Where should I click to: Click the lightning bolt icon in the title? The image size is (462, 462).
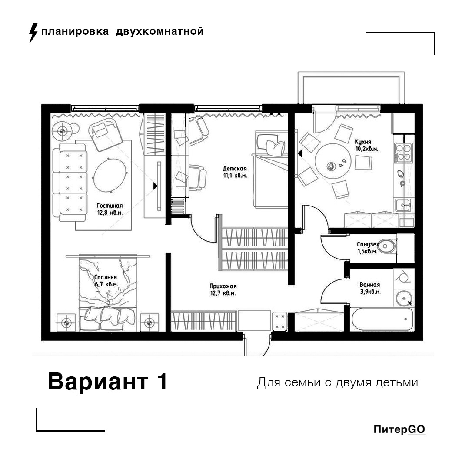point(33,33)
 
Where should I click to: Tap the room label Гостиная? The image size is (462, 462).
point(110,206)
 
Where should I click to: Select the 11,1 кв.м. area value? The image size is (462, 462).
point(235,176)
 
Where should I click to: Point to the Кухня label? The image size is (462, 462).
point(363,142)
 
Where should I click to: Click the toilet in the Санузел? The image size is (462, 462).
point(387,246)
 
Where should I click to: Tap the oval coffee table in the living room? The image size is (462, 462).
point(110,175)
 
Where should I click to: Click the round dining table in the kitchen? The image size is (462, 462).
point(332,161)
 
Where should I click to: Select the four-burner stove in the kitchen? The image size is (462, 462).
point(404,152)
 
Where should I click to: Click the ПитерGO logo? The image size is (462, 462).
point(399,429)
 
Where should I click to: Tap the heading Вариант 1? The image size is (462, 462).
point(107,382)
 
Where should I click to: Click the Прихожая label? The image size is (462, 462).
point(223,286)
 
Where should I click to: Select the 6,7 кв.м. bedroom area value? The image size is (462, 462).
point(106,284)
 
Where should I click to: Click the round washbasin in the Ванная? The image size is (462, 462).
point(403,299)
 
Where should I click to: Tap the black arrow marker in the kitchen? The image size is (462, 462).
point(299,153)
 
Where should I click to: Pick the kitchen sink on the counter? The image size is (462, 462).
point(403,205)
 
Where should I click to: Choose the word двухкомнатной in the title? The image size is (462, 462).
point(160,31)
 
